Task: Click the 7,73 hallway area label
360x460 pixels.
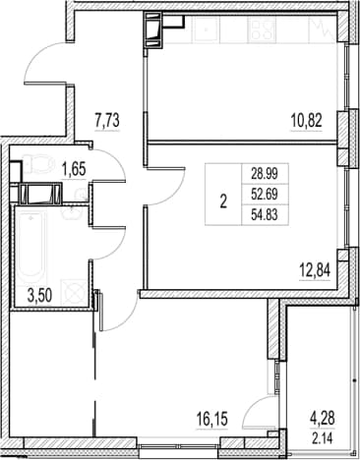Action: click(107, 121)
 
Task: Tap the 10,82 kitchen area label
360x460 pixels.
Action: click(306, 121)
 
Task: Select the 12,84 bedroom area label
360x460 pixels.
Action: click(315, 270)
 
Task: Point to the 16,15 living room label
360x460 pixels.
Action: click(211, 419)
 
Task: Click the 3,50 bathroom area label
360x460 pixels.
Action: click(39, 296)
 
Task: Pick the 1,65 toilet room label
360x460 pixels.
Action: click(74, 170)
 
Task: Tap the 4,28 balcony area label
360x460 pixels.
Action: click(323, 419)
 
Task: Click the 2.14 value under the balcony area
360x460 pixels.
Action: click(323, 438)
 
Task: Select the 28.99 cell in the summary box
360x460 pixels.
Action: click(265, 174)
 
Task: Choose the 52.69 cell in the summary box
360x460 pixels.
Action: click(265, 195)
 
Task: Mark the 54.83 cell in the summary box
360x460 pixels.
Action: click(265, 215)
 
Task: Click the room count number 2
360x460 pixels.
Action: click(223, 202)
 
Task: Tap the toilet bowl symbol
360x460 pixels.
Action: click(39, 164)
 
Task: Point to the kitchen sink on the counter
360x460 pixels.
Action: click(207, 29)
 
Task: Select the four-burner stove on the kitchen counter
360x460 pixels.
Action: click(262, 29)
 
